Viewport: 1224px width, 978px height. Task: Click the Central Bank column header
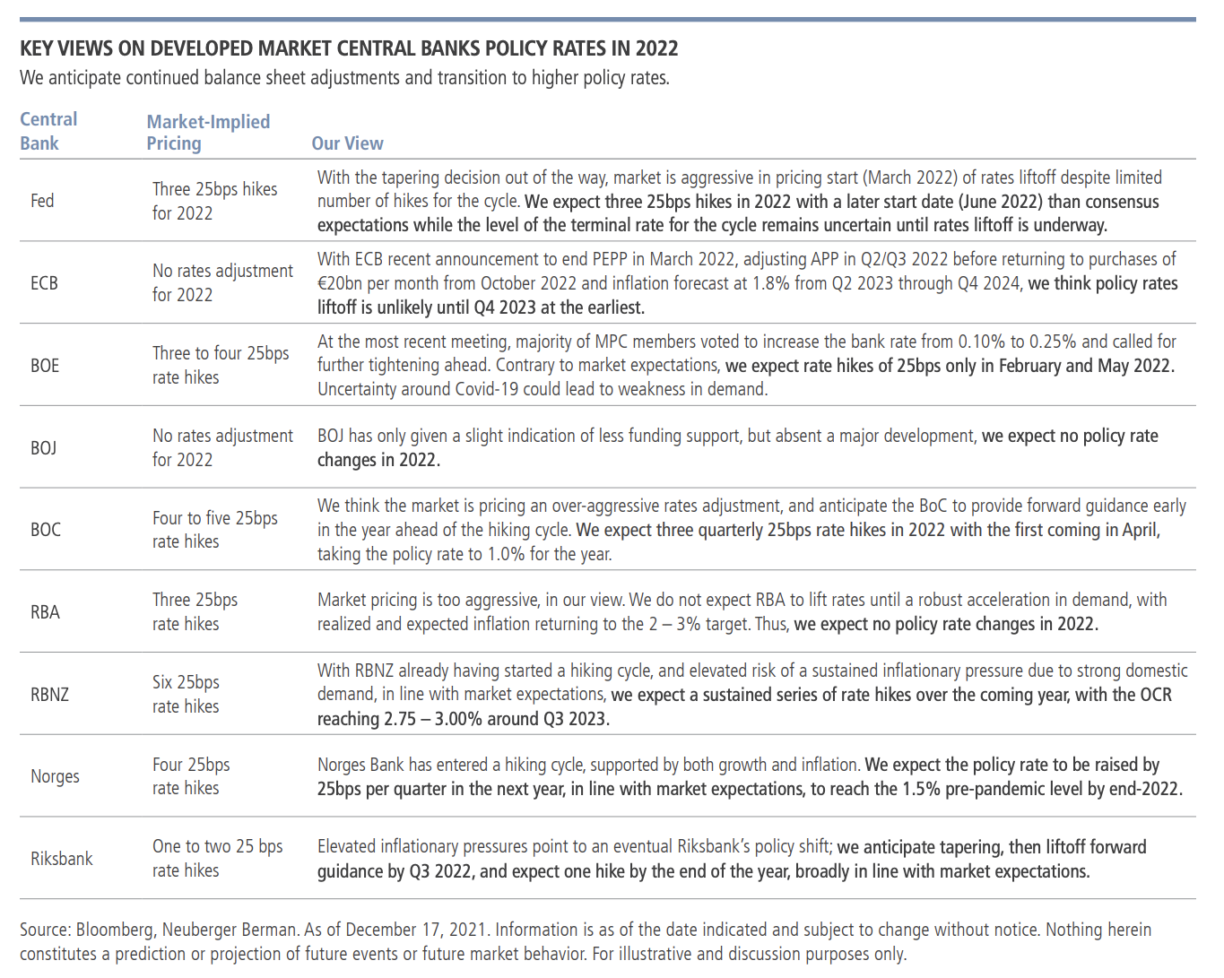click(x=48, y=131)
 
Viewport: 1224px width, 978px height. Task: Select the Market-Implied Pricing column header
click(x=208, y=132)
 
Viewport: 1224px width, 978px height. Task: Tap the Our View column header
click(x=347, y=143)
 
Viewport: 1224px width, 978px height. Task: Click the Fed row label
click(x=42, y=201)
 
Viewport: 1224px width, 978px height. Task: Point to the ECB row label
click(x=44, y=283)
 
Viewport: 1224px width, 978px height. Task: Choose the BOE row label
click(x=45, y=366)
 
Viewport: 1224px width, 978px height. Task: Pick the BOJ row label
click(x=44, y=447)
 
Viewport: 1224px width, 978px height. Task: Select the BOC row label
click(x=46, y=530)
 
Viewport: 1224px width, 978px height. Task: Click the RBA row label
click(x=45, y=612)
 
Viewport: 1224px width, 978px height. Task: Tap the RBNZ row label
click(x=49, y=695)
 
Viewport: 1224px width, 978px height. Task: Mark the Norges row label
click(x=55, y=776)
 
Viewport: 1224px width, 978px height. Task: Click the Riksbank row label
click(x=62, y=859)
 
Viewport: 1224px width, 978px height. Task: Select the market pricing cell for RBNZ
click(x=186, y=694)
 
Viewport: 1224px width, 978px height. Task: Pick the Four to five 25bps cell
click(x=215, y=530)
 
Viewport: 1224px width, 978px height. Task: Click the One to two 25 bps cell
click(x=217, y=858)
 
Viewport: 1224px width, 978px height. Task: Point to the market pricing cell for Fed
click(x=214, y=201)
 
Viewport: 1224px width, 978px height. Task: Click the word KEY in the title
click(x=38, y=48)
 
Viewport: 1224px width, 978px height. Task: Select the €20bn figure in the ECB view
click(x=342, y=283)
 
